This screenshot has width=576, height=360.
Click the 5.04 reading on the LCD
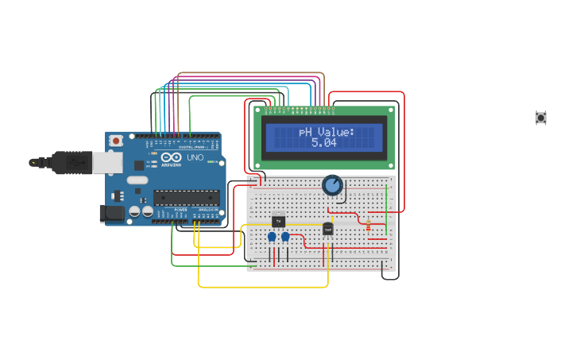[323, 143]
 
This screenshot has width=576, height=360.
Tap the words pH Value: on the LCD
[327, 131]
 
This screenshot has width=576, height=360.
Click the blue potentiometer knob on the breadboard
[332, 186]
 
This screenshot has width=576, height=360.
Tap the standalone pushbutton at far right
[541, 118]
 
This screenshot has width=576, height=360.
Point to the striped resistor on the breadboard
[368, 225]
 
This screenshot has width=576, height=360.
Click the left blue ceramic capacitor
[272, 237]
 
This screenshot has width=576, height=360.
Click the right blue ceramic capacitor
[285, 237]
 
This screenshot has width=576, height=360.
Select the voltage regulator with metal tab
[278, 222]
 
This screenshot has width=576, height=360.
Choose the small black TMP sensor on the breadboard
[327, 229]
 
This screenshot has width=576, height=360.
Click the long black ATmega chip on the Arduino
[186, 197]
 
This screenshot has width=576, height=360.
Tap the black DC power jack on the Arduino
[111, 212]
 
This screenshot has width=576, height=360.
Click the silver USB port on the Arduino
[107, 162]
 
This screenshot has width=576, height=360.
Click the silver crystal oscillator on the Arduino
[137, 180]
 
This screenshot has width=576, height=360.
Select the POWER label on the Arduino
[181, 210]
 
